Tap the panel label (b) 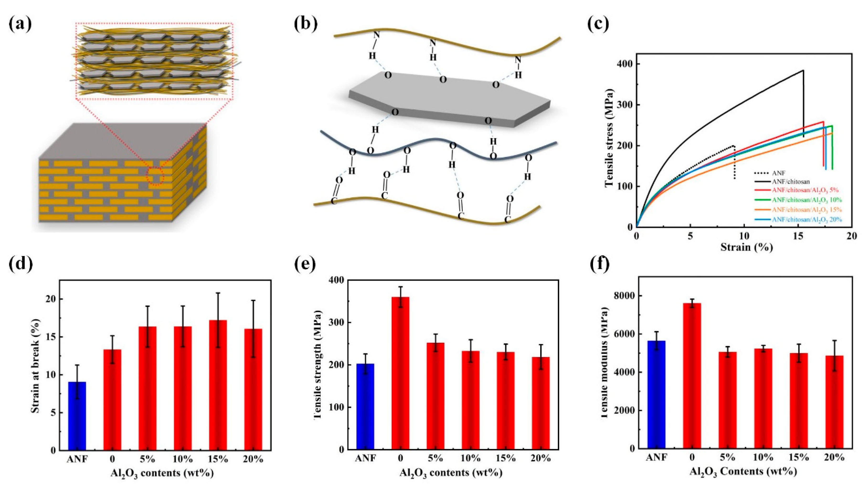coord(305,23)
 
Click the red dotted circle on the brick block coord(155,176)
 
